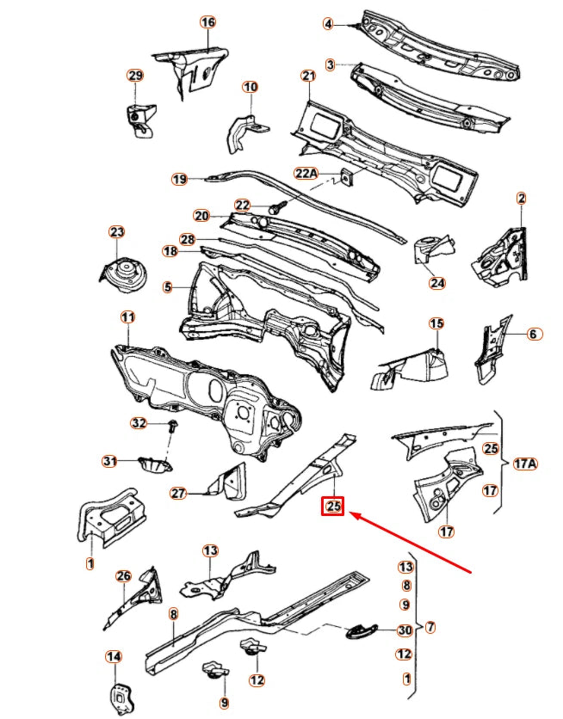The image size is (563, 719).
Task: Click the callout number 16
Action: [x=207, y=22]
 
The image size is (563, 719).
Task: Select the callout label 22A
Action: [x=306, y=174]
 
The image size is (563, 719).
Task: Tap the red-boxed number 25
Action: [x=333, y=507]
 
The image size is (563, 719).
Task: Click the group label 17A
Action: [x=525, y=464]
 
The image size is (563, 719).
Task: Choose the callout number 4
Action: [x=328, y=24]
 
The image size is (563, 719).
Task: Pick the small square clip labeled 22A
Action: [x=344, y=177]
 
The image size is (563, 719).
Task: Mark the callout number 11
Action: [x=127, y=318]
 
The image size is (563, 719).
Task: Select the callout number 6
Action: [x=533, y=334]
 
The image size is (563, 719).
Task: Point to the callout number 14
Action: [x=114, y=657]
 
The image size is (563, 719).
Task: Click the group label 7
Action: [x=430, y=627]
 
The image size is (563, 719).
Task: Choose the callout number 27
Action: [x=178, y=494]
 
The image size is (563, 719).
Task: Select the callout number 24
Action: [x=437, y=282]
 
